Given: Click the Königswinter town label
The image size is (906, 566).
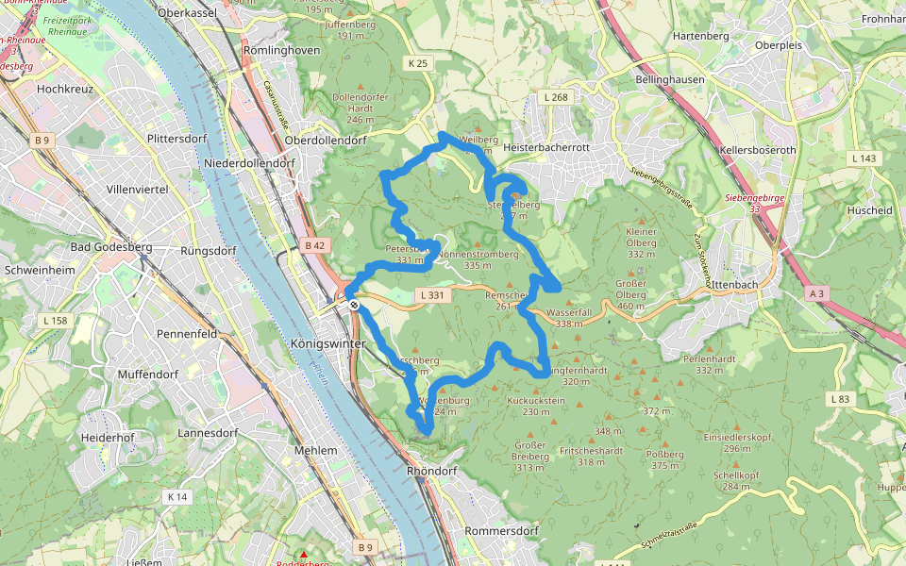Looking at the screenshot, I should click(x=328, y=343).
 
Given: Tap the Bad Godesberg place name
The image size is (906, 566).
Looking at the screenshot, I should click(x=111, y=247).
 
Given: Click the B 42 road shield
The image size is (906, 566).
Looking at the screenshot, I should click(x=314, y=245).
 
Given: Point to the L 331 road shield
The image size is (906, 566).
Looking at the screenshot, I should click(x=430, y=295).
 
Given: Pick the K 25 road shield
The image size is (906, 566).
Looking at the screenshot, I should click(x=418, y=63).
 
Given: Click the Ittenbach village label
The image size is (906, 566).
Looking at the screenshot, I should click(x=736, y=284).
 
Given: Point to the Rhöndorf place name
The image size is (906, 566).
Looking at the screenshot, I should click(x=431, y=470).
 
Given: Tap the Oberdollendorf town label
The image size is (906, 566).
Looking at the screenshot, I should click(x=325, y=140).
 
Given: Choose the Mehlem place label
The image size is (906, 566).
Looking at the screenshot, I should click(x=315, y=450).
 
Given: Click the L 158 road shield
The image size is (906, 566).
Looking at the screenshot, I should click(x=56, y=321).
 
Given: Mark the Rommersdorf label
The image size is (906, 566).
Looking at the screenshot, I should click(x=502, y=530).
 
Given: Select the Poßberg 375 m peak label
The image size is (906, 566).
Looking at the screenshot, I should click(x=664, y=459).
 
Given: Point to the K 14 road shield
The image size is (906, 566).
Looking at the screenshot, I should click(x=176, y=496).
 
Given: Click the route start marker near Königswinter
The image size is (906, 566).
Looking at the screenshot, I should click(x=353, y=305).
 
